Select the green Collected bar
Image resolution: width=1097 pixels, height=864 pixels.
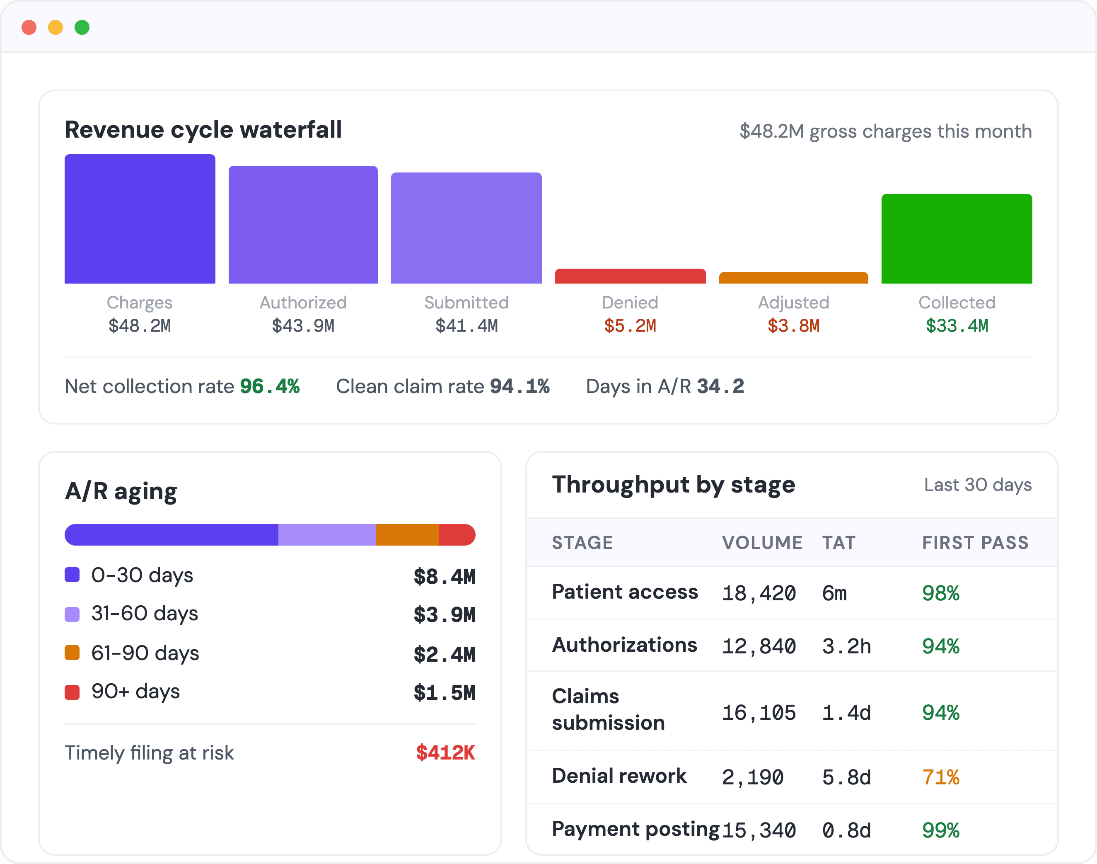[x=957, y=239]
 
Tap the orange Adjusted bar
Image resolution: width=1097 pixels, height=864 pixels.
[x=793, y=278]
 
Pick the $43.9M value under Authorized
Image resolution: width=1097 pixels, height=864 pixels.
[x=303, y=326]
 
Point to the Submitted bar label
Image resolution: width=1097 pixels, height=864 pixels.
[x=466, y=303]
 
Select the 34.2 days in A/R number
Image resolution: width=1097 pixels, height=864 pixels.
[x=720, y=386]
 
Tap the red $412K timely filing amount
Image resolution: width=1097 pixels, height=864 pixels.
[x=445, y=753]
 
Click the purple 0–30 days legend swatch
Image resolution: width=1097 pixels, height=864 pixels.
[x=72, y=575]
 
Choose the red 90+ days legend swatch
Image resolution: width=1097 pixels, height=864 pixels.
[x=72, y=692]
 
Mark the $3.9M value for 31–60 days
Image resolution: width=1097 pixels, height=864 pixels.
[x=445, y=614]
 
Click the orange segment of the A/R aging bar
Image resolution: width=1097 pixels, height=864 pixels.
[x=408, y=535]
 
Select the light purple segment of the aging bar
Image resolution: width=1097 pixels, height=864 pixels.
[x=327, y=535]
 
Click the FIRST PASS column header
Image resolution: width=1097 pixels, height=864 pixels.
[x=975, y=542]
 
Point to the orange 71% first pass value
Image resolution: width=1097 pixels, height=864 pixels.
[x=941, y=777]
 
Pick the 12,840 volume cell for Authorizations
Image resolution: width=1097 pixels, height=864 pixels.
[x=759, y=646]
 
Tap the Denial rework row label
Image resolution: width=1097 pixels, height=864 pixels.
[x=619, y=776]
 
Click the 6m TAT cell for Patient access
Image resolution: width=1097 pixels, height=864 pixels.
[x=834, y=593]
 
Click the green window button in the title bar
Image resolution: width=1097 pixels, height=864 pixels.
[x=82, y=27]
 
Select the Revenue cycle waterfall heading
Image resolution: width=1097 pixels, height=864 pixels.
[x=203, y=129]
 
